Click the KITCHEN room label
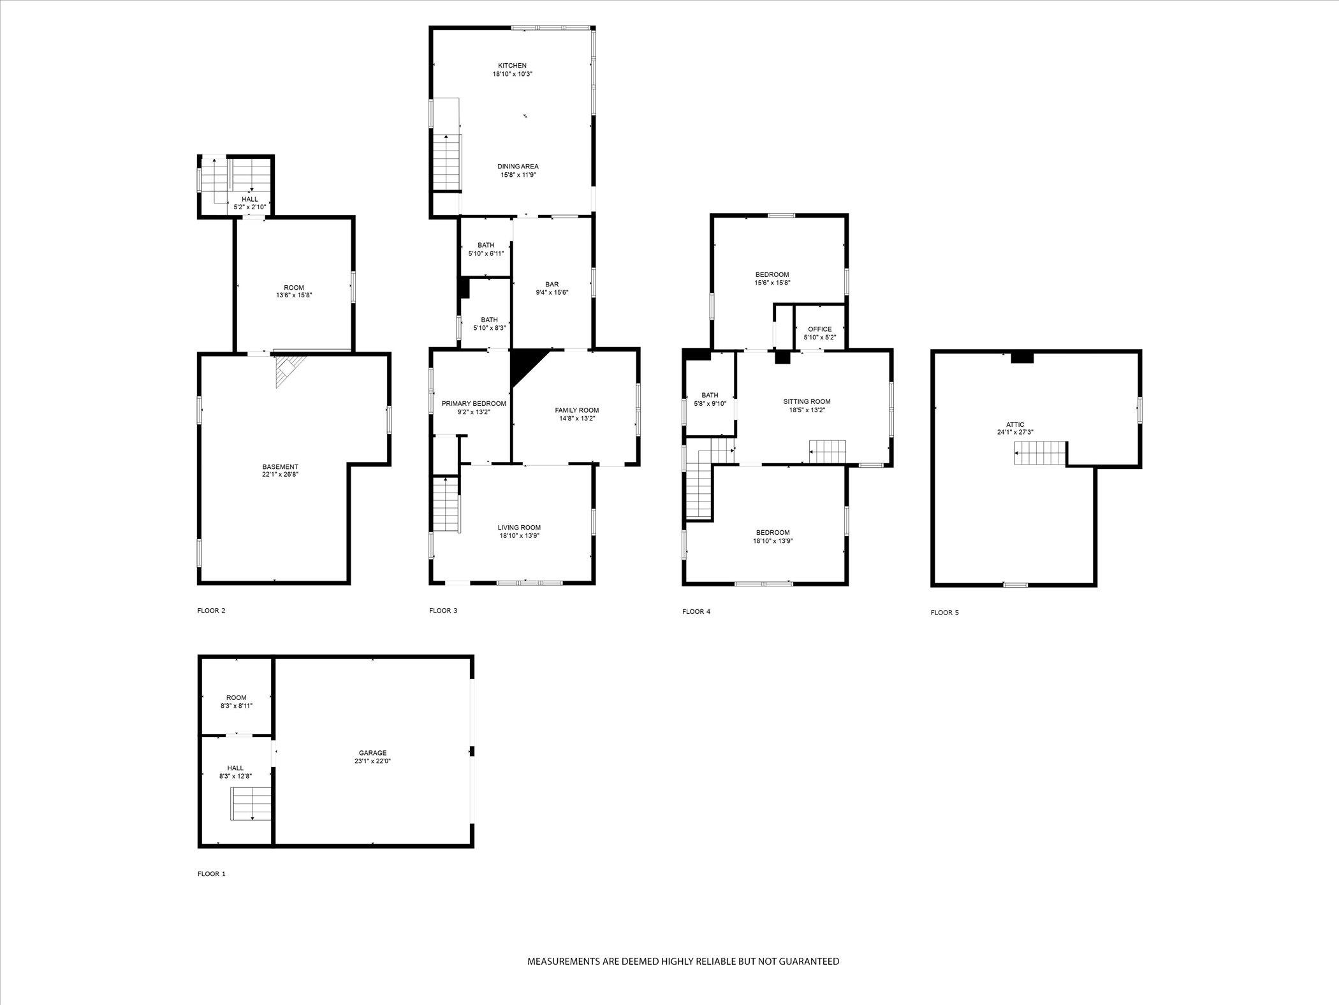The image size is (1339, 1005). click(512, 66)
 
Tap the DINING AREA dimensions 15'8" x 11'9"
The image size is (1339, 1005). click(518, 175)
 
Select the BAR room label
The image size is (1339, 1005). click(552, 285)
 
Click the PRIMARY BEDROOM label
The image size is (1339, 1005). click(474, 404)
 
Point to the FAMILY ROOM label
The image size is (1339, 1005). click(576, 410)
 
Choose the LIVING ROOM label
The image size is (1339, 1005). click(519, 528)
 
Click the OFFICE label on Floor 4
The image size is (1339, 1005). click(819, 329)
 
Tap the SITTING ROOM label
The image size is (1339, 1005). click(807, 402)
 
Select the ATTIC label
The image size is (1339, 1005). click(1015, 424)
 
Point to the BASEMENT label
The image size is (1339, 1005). click(280, 467)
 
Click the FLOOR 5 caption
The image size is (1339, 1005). click(944, 613)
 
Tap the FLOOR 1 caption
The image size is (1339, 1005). click(212, 874)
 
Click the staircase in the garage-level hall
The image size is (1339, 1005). click(251, 804)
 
